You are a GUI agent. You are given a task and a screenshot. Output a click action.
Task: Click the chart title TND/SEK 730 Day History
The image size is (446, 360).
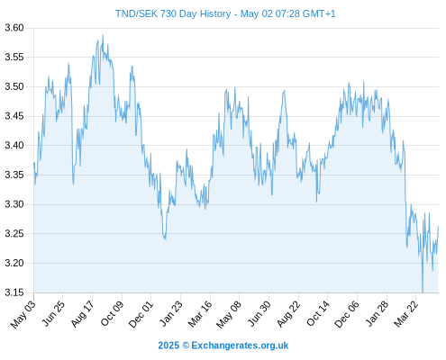click(173, 13)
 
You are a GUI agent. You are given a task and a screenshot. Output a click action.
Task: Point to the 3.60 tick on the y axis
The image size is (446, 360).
click(14, 28)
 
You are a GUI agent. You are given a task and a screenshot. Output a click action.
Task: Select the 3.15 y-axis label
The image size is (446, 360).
click(14, 292)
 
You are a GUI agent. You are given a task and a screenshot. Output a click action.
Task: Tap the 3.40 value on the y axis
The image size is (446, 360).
click(14, 146)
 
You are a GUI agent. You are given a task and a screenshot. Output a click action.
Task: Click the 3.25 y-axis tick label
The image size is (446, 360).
click(14, 234)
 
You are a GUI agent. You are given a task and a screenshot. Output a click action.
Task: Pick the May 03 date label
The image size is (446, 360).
click(23, 314)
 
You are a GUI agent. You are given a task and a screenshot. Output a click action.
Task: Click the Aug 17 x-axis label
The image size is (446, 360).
click(82, 314)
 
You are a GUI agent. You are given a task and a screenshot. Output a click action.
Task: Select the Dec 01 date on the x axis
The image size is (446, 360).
click(141, 314)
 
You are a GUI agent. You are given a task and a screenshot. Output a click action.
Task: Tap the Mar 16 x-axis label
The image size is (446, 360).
click(200, 314)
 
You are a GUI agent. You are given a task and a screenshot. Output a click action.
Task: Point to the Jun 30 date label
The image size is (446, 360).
click(259, 314)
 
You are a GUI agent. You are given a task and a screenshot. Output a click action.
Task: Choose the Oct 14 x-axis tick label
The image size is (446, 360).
click(318, 314)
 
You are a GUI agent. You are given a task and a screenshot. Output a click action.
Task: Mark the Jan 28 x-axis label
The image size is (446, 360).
click(377, 314)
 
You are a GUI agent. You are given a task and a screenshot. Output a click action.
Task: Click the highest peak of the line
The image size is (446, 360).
click(103, 35)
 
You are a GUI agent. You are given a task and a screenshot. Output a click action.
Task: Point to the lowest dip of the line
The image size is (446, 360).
click(423, 292)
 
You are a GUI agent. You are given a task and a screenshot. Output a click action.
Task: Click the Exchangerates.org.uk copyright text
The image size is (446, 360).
click(240, 346)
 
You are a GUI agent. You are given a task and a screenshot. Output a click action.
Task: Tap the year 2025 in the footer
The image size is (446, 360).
click(168, 346)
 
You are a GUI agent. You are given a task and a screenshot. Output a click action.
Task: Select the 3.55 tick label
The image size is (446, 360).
click(14, 58)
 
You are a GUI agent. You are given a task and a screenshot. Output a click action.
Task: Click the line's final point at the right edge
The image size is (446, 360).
click(438, 226)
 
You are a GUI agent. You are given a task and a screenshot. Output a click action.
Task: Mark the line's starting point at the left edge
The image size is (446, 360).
click(34, 163)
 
